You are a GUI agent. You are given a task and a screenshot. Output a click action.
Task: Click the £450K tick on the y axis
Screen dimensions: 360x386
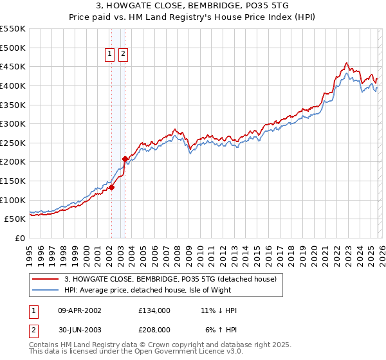[x=13, y=66]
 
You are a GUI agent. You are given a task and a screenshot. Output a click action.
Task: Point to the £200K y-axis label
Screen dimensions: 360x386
[x=13, y=161]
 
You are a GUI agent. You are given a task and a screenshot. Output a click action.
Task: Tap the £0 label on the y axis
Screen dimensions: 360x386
[x=19, y=238]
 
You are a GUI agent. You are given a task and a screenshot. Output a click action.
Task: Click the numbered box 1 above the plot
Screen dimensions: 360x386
[x=110, y=55]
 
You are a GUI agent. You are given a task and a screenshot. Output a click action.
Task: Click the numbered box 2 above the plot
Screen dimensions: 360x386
[x=123, y=55]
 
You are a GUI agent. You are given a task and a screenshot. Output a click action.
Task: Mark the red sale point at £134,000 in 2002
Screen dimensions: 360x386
[x=111, y=187]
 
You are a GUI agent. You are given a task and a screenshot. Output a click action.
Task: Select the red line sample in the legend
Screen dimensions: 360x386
[x=46, y=279]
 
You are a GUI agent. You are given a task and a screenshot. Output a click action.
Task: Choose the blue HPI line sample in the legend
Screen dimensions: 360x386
[x=46, y=290]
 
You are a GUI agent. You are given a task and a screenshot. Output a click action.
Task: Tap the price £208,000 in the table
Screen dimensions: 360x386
[x=154, y=328]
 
